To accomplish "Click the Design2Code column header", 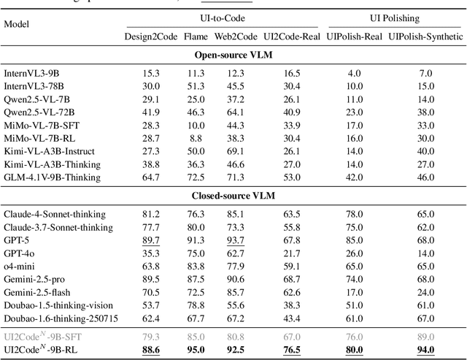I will [152, 37].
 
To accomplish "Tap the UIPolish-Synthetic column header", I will [425, 37].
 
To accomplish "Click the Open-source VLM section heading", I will [233, 55].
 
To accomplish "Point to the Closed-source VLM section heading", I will [233, 196].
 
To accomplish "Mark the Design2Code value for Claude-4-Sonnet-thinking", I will [152, 214].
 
